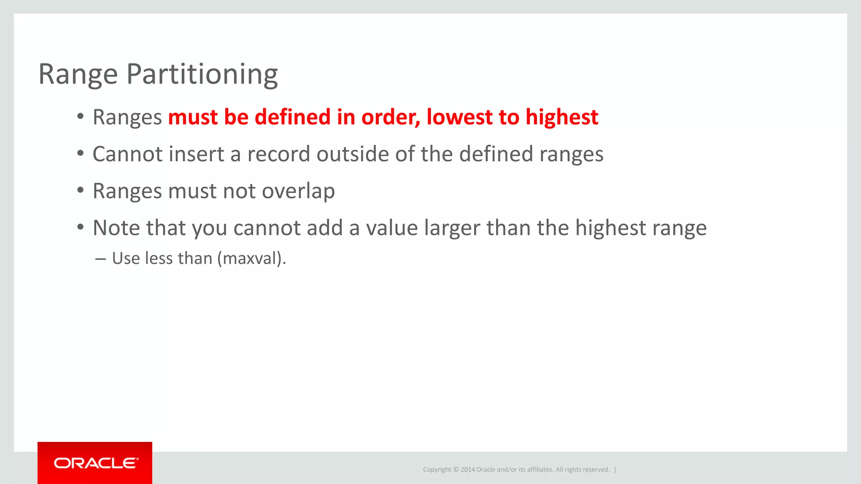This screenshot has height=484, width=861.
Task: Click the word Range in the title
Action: pyautogui.click(x=78, y=75)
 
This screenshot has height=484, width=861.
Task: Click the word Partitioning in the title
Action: pyautogui.click(x=202, y=75)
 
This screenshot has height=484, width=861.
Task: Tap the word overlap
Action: pyautogui.click(x=298, y=192)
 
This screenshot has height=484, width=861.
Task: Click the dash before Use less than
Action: pyautogui.click(x=100, y=259)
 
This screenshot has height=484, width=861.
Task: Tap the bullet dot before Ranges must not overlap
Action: pyautogui.click(x=80, y=190)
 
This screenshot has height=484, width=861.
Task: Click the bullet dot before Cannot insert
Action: pyautogui.click(x=80, y=153)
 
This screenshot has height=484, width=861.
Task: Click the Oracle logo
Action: pyautogui.click(x=95, y=463)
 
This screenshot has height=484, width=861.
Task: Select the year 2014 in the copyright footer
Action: pyautogui.click(x=467, y=470)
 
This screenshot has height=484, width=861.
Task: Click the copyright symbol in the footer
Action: pyautogui.click(x=456, y=470)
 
